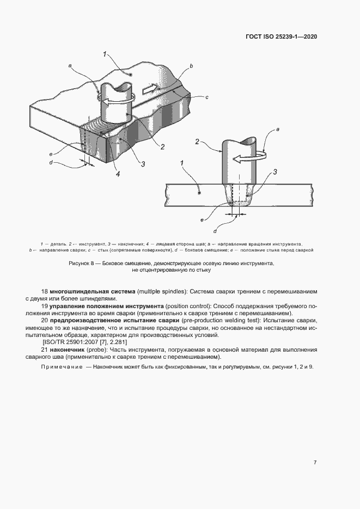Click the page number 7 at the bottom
[x=315, y=462]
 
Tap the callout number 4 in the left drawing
[x=117, y=174]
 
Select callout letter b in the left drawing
[x=191, y=66]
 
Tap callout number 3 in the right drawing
[x=275, y=172]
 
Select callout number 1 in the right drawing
[x=182, y=163]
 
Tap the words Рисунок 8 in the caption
[x=82, y=263]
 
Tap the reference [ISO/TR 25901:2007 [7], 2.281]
[x=84, y=342]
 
